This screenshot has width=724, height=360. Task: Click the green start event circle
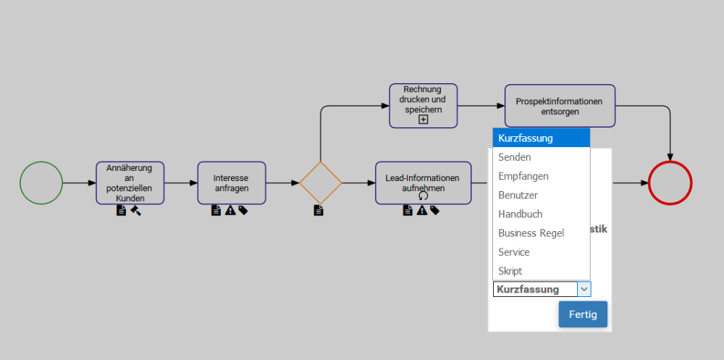pos(41,183)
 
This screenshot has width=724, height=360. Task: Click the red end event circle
pos(670,183)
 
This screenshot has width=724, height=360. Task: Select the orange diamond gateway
pos(320,183)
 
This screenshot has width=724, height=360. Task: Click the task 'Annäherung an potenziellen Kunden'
pos(130,183)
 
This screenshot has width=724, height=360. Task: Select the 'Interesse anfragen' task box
pos(232,183)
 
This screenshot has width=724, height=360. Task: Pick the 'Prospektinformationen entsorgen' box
pos(560,106)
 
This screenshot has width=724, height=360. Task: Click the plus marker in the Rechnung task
pos(424,120)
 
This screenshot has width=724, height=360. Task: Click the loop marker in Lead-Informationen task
pos(424,196)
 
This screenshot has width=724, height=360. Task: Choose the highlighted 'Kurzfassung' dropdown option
pos(541,138)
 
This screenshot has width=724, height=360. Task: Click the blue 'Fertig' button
pos(583,314)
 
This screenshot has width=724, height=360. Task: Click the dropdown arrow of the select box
pos(584,289)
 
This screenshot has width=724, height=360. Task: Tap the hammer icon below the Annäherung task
pos(135,211)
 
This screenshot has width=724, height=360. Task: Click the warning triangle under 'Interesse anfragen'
pos(230,211)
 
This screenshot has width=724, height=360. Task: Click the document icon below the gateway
pos(319,211)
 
